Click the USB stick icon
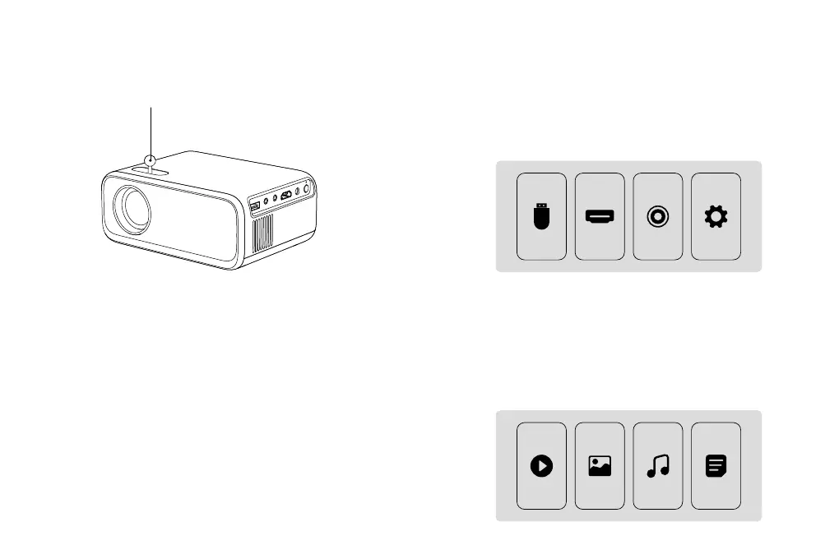click(541, 217)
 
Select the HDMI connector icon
click(600, 217)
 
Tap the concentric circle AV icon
click(658, 217)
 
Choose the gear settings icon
click(716, 217)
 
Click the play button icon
click(541, 466)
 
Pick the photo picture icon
click(600, 466)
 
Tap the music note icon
click(658, 466)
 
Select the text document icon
click(716, 466)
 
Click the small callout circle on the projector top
click(151, 160)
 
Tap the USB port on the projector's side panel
click(254, 205)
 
